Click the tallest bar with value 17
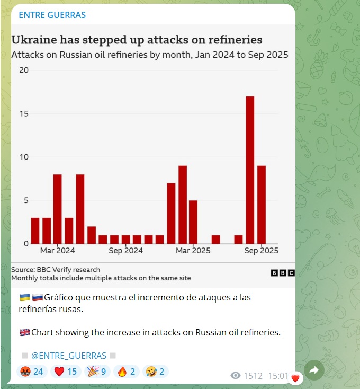(250, 170)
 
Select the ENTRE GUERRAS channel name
(52, 15)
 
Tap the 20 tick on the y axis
(24, 70)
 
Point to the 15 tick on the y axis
(24, 114)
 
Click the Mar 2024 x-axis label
(58, 251)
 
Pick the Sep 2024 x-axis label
(126, 251)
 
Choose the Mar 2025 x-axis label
(193, 251)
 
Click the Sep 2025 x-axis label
(262, 251)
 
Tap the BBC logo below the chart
(282, 272)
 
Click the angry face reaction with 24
(31, 371)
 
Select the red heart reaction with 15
(66, 371)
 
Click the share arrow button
(313, 371)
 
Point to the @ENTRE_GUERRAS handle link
(69, 355)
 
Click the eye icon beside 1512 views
(236, 376)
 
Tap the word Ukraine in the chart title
(35, 40)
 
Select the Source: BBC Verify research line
(56, 270)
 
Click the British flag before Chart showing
(24, 333)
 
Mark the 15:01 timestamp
(278, 376)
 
